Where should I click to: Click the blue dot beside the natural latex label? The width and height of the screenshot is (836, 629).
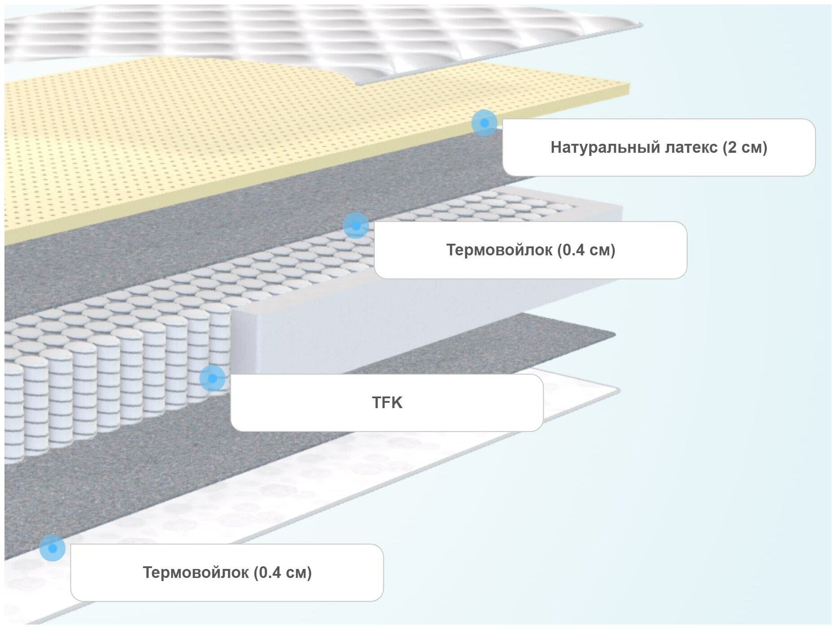click(484, 122)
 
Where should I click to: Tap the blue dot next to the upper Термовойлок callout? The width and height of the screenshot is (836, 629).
click(356, 225)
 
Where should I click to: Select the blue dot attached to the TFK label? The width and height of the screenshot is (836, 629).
click(212, 378)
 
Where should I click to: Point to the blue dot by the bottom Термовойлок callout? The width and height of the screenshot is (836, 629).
click(52, 548)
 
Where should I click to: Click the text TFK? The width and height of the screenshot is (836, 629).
click(387, 403)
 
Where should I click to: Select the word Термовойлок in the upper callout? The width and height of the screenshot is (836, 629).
click(499, 250)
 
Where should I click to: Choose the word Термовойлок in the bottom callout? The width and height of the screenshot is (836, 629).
click(195, 573)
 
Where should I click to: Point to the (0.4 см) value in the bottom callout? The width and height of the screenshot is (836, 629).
click(283, 573)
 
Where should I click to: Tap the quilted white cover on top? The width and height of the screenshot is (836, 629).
click(314, 36)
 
